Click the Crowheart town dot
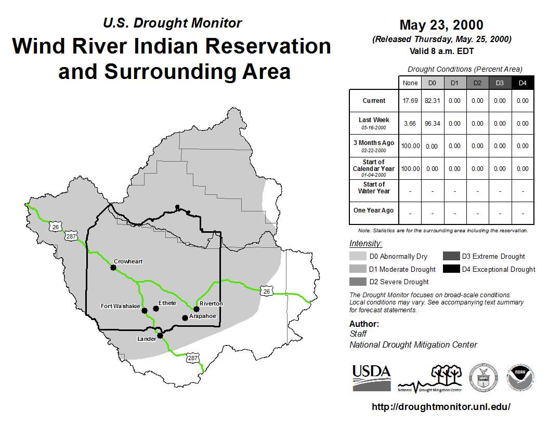(x=113, y=268)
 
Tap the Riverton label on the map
(x=211, y=303)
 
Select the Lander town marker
(x=160, y=336)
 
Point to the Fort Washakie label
(x=121, y=306)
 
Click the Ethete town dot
(x=156, y=309)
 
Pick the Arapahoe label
(x=202, y=316)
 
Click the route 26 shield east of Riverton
(x=267, y=290)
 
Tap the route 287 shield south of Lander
(x=192, y=358)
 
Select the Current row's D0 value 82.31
(x=433, y=101)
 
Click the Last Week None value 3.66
(x=410, y=124)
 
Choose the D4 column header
(x=522, y=83)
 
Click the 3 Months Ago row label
(x=374, y=143)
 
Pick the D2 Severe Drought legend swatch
(x=358, y=282)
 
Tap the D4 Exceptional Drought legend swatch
(x=451, y=269)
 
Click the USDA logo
(x=372, y=378)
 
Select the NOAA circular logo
(x=520, y=378)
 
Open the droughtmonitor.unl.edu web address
(x=441, y=406)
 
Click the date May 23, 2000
(x=441, y=25)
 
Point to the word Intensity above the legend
(x=365, y=244)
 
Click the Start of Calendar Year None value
(x=410, y=169)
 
